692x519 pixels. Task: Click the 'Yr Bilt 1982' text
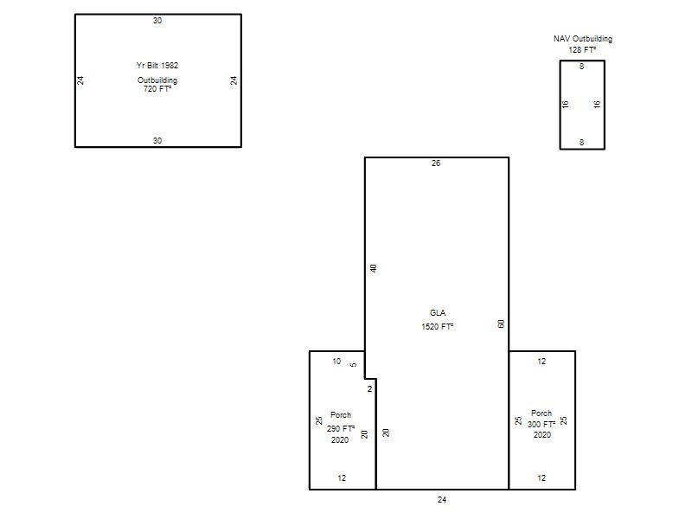point(157,66)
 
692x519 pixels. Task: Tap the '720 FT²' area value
point(157,89)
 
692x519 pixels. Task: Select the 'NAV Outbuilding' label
point(582,39)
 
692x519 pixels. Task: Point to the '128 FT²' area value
point(582,50)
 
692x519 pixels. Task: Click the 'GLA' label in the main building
point(438,313)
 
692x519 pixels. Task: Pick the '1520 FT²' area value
point(438,327)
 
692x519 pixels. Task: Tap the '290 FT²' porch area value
point(341,428)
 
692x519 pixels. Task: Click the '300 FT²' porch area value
point(541,424)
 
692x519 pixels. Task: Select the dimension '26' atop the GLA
point(436,163)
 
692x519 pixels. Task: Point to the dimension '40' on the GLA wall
point(374,268)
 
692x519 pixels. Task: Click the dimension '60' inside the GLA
point(501,324)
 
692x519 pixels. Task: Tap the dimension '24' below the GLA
point(442,500)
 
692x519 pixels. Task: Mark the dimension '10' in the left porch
point(336,362)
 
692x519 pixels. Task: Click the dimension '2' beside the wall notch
point(370,388)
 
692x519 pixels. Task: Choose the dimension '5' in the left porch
point(353,365)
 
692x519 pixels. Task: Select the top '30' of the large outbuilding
point(157,20)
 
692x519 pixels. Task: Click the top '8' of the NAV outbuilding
point(581,67)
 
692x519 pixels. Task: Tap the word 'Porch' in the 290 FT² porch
point(341,415)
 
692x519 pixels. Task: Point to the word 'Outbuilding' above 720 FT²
point(157,80)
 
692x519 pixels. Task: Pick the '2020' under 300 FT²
point(542,435)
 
